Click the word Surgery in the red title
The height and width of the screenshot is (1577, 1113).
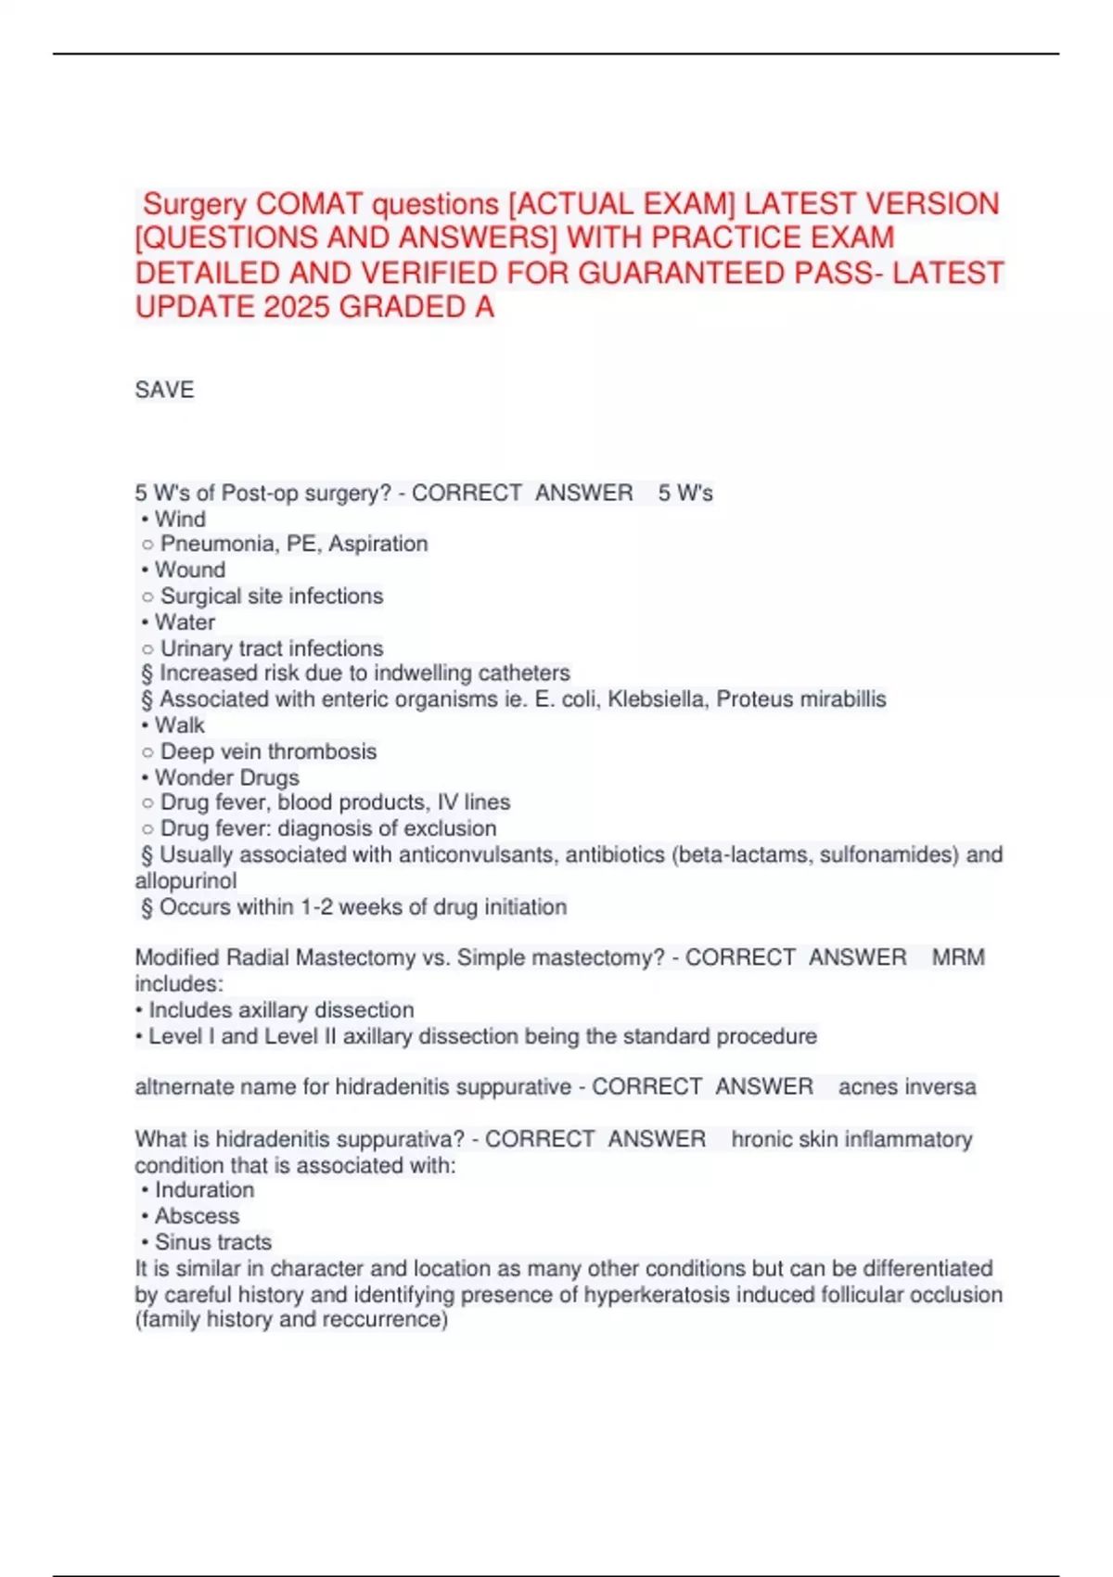(195, 204)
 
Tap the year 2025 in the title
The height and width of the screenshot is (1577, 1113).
(297, 307)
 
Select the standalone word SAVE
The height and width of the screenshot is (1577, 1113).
(164, 390)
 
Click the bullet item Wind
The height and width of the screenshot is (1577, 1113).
(180, 519)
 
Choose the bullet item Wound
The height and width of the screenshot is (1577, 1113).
(189, 570)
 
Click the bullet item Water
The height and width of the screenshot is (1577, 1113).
(185, 622)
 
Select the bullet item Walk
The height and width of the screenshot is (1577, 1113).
(180, 725)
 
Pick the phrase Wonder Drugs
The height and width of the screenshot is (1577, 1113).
(226, 777)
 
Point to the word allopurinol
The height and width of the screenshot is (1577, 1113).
(185, 880)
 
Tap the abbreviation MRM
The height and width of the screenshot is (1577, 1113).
(958, 957)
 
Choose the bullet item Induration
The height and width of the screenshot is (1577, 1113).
(204, 1190)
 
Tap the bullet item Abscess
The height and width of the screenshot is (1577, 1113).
(197, 1216)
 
